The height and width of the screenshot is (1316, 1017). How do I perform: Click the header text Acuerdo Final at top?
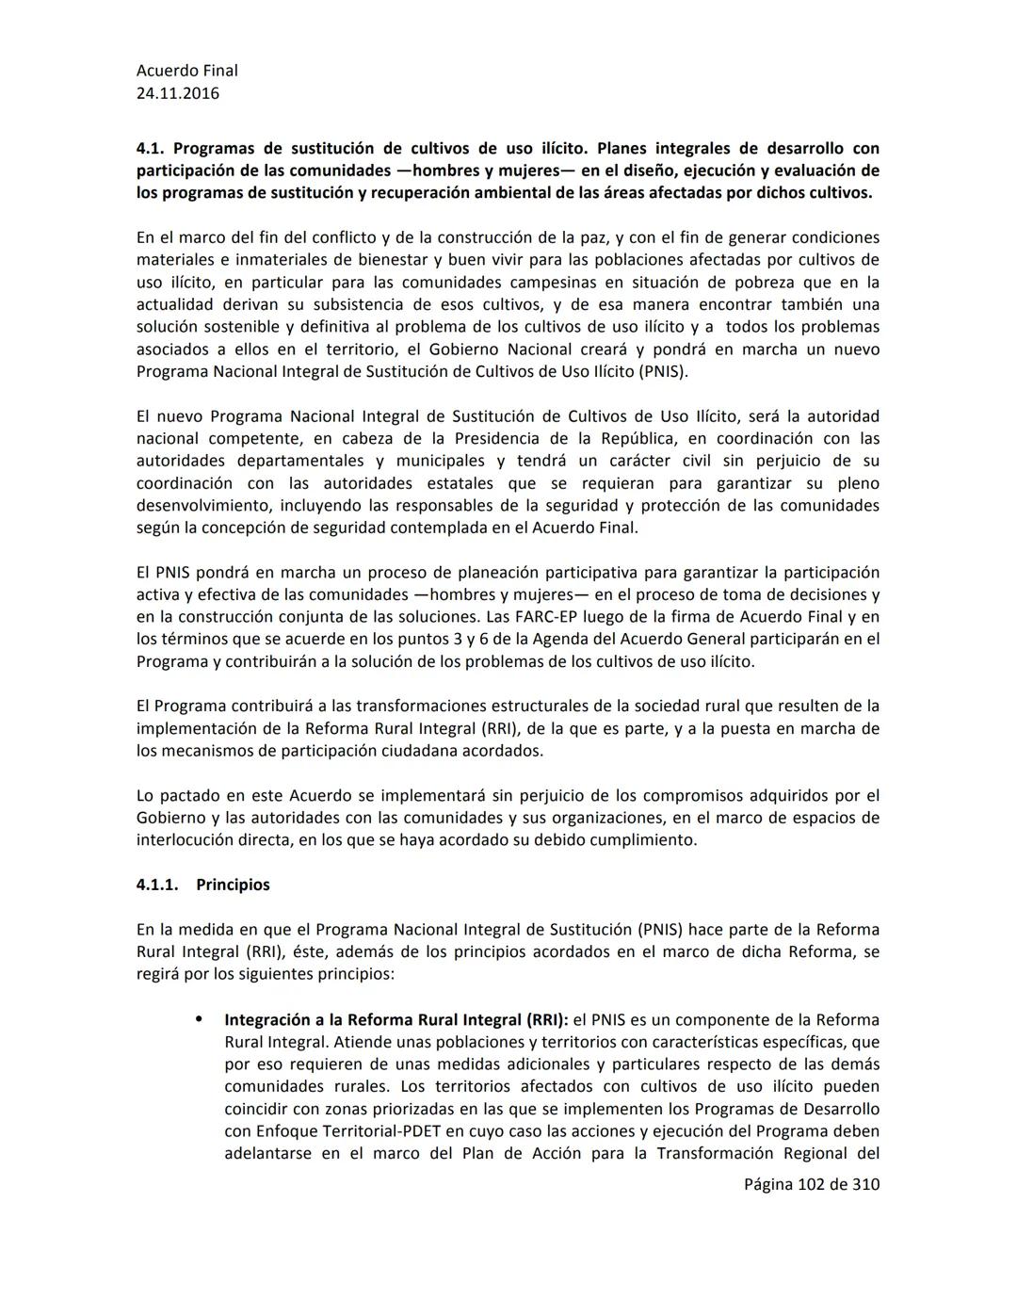(x=186, y=71)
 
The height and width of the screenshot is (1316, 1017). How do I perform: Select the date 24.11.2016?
(x=177, y=93)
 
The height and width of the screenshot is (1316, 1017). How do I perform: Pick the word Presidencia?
(x=498, y=439)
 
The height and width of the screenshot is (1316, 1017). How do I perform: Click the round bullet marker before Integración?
(x=199, y=1019)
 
